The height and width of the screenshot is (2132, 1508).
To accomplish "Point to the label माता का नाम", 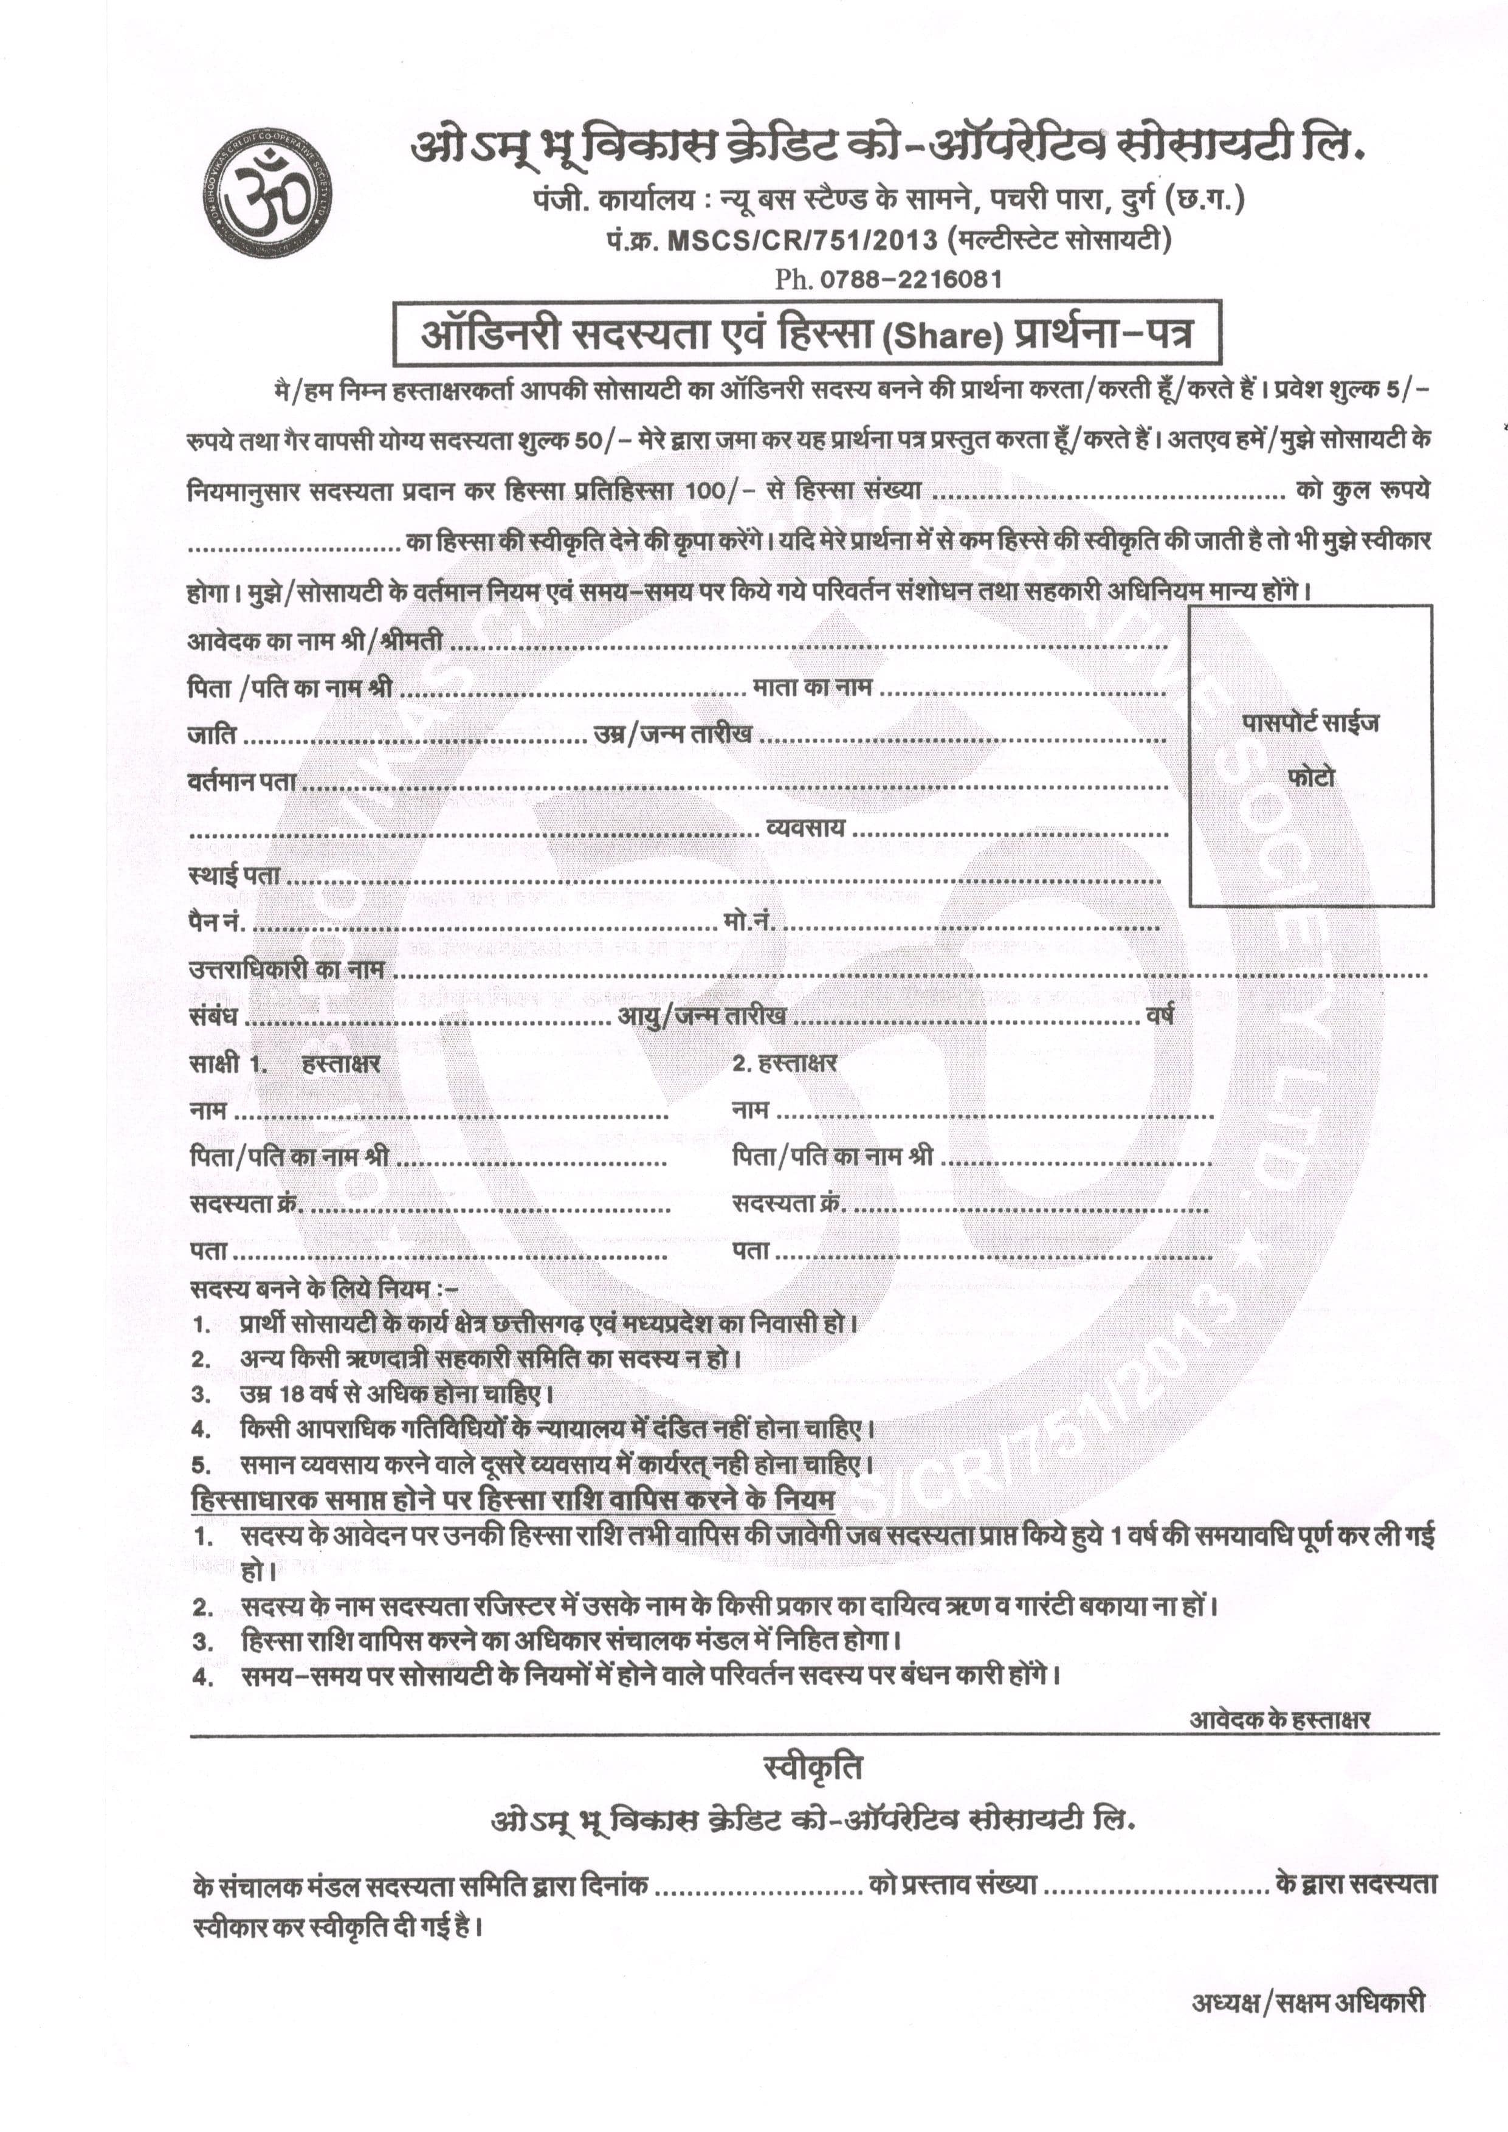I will [x=811, y=687].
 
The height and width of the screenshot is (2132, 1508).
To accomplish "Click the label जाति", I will [x=211, y=734].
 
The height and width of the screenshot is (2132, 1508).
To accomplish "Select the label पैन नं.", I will [x=217, y=922].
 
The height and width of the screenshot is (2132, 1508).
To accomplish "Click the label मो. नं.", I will [x=748, y=922].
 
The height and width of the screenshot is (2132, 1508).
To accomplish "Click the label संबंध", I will [x=213, y=1016].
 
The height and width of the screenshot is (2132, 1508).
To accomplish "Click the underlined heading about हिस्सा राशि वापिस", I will [x=512, y=1499].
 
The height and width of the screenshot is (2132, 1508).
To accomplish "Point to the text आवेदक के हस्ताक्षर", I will [x=1279, y=1719].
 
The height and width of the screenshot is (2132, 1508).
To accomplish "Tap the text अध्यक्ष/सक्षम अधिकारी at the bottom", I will [x=1307, y=2003].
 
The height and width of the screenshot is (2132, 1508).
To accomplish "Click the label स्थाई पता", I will [x=234, y=875].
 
